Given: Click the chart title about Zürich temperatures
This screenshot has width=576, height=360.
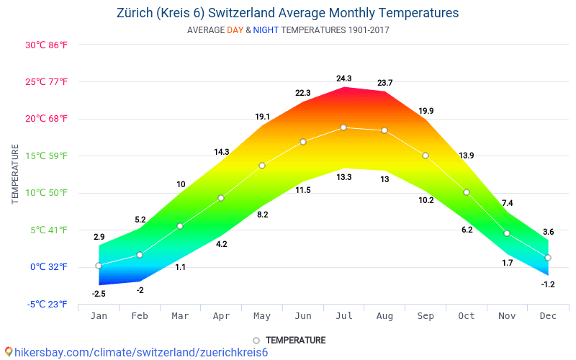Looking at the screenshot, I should tap(287, 13).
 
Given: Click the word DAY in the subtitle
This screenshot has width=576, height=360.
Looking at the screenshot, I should tap(235, 30).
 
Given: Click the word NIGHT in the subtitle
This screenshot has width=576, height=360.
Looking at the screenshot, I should tap(266, 30).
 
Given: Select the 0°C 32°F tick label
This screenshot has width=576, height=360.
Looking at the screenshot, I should tap(49, 267).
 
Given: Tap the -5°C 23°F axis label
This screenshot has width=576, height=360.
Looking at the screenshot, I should tap(48, 304).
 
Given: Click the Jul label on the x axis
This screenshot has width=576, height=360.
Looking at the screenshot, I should tap(343, 315).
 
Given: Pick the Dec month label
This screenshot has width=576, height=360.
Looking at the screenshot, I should tap(548, 315).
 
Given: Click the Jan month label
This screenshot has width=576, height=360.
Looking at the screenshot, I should tap(99, 315).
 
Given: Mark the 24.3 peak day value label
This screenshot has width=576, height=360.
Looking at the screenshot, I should tap(343, 78).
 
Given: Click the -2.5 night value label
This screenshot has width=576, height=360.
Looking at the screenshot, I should tap(99, 293).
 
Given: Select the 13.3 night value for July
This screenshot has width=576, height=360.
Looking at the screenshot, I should tap(343, 177).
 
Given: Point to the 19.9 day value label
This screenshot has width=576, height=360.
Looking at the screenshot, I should tap(426, 111).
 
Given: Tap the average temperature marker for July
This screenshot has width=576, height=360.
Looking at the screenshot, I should tap(343, 127).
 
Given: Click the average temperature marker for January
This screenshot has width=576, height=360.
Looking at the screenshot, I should tap(99, 266).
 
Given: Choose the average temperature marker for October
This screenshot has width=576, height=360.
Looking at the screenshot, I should tap(467, 192).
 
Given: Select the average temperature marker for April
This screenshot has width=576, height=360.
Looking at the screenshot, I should tap(221, 198).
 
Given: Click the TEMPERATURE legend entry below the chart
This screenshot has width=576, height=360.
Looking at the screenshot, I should tap(289, 340).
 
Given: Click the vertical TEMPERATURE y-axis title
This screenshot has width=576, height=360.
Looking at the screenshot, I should tap(15, 174).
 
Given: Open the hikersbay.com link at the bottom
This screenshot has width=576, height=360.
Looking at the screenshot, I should tap(137, 352).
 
